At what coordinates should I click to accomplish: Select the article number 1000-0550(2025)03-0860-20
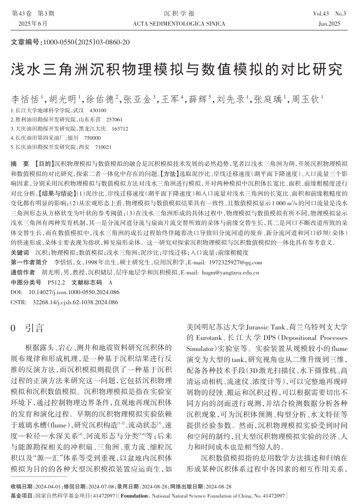(87, 42)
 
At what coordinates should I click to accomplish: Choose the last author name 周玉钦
(306, 99)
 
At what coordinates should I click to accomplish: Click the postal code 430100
(98, 110)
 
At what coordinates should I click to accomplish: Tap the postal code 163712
(120, 129)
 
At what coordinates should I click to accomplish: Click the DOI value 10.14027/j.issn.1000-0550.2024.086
(74, 292)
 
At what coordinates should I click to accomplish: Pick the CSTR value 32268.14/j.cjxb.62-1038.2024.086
(76, 302)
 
